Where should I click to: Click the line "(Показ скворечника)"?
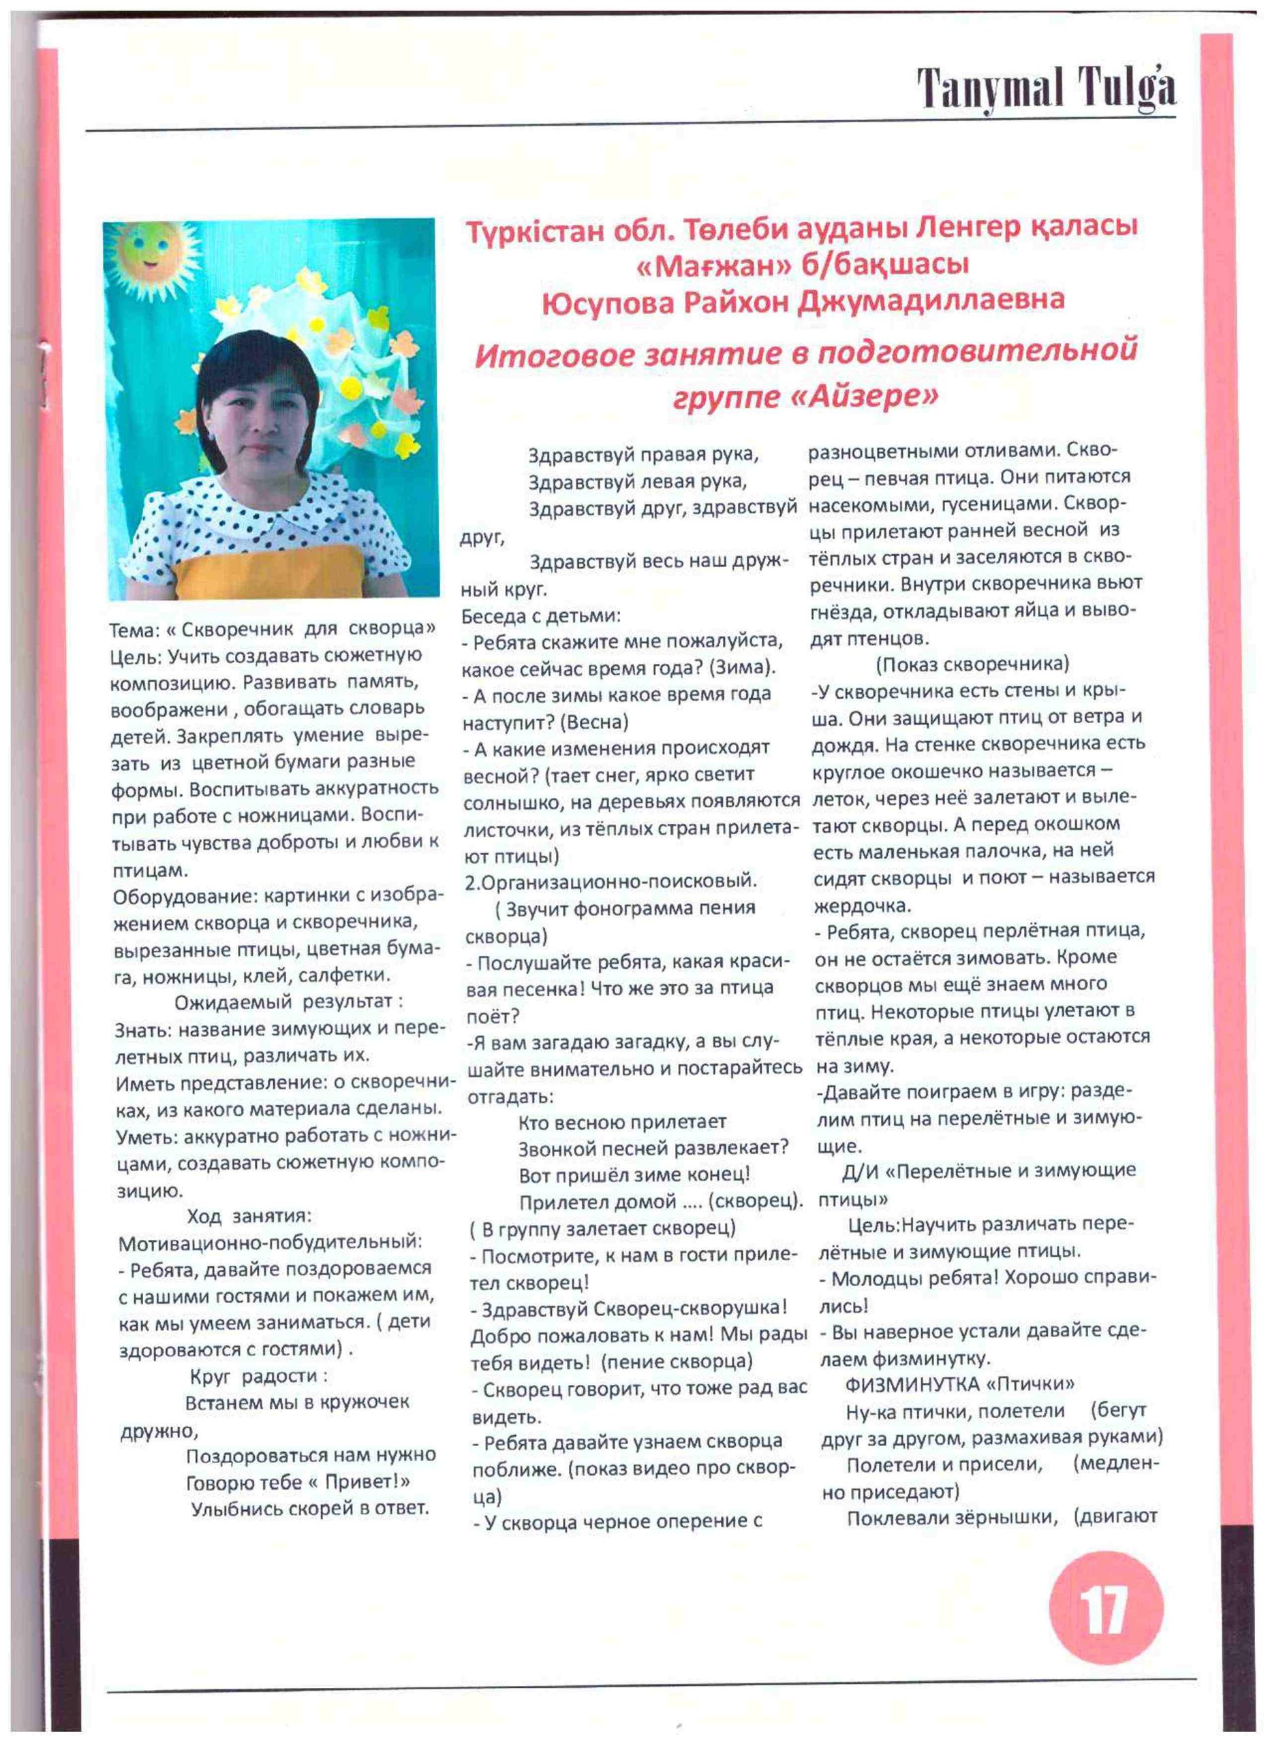point(972,664)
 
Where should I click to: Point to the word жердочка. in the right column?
point(862,906)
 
